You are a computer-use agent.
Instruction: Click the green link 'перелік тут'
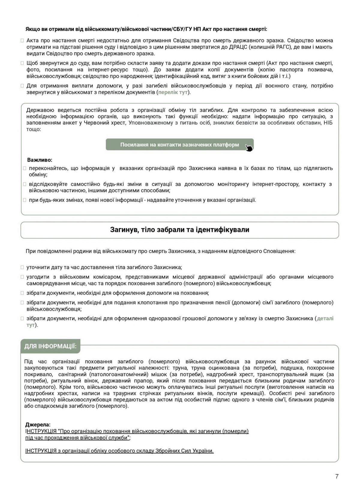[173, 92]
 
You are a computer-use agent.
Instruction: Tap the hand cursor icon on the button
[249, 148]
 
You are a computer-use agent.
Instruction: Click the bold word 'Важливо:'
[40, 160]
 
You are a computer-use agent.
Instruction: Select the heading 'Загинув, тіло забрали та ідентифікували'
[180, 230]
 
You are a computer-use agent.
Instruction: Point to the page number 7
[337, 476]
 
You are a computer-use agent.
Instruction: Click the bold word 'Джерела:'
[38, 425]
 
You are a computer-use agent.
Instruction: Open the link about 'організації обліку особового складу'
[119, 451]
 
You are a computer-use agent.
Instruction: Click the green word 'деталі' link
[325, 318]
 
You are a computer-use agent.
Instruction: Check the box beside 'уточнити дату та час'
[22, 267]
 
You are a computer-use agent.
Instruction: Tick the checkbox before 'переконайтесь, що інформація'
[25, 169]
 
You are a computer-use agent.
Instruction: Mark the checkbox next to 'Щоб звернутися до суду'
[22, 63]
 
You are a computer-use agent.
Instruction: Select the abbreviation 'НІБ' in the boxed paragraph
[328, 123]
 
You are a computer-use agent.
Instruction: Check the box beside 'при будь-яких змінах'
[25, 200]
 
